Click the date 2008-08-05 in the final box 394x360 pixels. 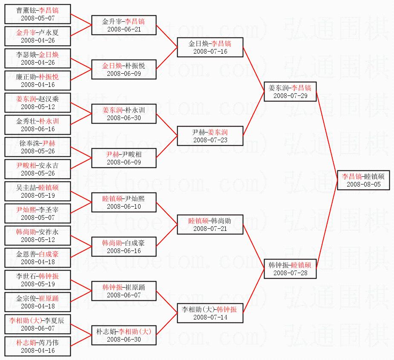[x=362, y=184]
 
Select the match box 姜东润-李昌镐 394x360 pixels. [x=290, y=92]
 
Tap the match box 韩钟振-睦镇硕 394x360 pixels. [x=290, y=269]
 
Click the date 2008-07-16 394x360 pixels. [x=210, y=51]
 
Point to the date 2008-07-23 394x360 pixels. [x=210, y=140]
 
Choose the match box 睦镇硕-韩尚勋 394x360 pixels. [x=210, y=225]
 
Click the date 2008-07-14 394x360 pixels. [x=210, y=317]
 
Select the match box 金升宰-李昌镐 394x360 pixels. [x=124, y=25]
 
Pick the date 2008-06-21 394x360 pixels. [x=124, y=29]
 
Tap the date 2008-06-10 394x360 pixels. [x=124, y=207]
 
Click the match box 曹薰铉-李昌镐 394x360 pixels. [x=37, y=14]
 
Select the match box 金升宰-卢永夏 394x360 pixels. [x=37, y=36]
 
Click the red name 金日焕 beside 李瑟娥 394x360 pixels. [x=49, y=55]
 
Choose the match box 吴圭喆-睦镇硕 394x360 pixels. [x=37, y=191]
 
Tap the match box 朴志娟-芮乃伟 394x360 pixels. [x=37, y=346]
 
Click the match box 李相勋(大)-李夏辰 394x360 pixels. [x=37, y=324]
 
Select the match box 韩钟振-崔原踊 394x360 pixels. [x=124, y=291]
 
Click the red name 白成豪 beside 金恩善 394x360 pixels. [x=49, y=254]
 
